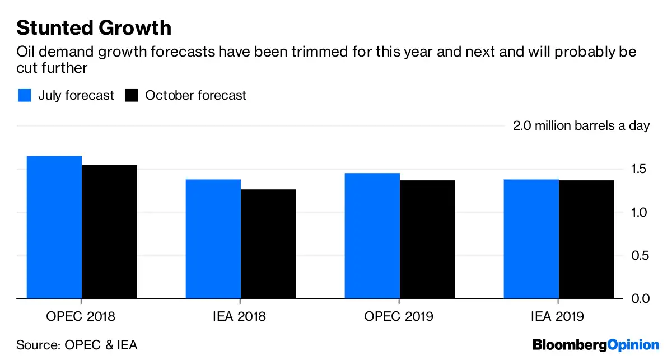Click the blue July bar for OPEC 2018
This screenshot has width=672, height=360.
(x=54, y=227)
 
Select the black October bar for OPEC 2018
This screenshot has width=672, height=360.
(x=109, y=231)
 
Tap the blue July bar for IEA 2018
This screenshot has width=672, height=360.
(x=213, y=239)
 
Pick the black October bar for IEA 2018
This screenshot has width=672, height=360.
(x=268, y=244)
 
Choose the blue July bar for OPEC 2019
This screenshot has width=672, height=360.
(x=372, y=236)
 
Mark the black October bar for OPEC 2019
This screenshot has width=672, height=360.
(x=427, y=239)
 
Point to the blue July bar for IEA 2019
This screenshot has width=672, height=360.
(x=531, y=239)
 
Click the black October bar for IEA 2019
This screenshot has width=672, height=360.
(x=586, y=239)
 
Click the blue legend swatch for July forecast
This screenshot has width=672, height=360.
(x=24, y=95)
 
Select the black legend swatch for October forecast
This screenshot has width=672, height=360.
(x=132, y=95)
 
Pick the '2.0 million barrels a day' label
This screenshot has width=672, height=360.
(x=581, y=125)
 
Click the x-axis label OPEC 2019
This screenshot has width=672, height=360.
(x=399, y=316)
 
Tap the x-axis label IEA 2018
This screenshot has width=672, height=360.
(x=241, y=316)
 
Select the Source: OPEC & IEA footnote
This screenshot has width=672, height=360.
(x=77, y=344)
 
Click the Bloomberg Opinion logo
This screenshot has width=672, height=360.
(x=596, y=344)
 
